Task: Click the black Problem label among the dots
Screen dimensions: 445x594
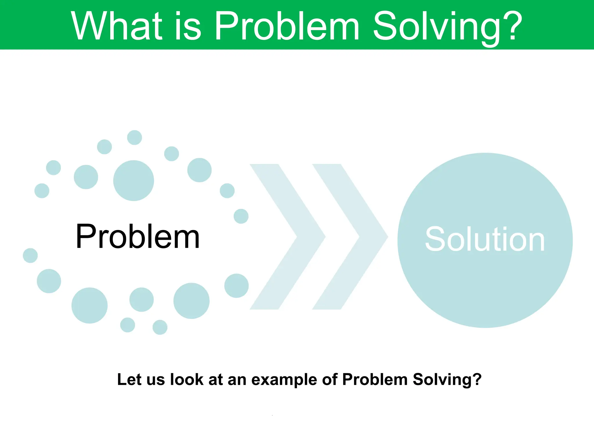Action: coord(137,236)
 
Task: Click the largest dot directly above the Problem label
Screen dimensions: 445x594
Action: coord(133,180)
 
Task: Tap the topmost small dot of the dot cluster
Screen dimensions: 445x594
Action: coord(135,137)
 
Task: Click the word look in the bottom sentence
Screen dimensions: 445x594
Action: coord(187,379)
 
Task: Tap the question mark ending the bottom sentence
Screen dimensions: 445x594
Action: coord(477,379)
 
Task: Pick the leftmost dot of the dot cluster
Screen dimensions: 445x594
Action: coord(30,256)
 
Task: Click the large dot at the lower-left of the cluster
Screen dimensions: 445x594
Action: coord(89,305)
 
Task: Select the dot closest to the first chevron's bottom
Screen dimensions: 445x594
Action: coord(236,286)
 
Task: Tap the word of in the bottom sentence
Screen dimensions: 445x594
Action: coord(330,379)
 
